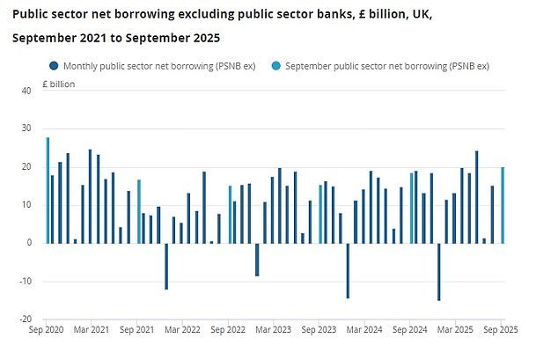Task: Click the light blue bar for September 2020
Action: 48,190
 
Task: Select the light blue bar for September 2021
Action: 139,211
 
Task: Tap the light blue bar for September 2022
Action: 231,214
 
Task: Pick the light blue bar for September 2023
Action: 321,214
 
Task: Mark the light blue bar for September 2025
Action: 503,205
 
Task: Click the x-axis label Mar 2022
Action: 183,329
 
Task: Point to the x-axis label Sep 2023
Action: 319,329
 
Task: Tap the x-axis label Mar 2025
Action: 456,329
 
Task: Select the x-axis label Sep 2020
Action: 48,329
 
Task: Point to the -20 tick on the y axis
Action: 25,319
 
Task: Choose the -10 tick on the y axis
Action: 25,281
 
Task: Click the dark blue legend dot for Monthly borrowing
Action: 54,66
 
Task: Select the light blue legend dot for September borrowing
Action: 277,66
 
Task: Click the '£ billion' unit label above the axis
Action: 60,84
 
